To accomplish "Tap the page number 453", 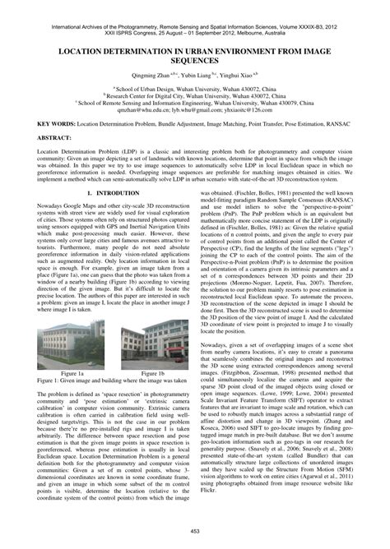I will click(195, 534).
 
